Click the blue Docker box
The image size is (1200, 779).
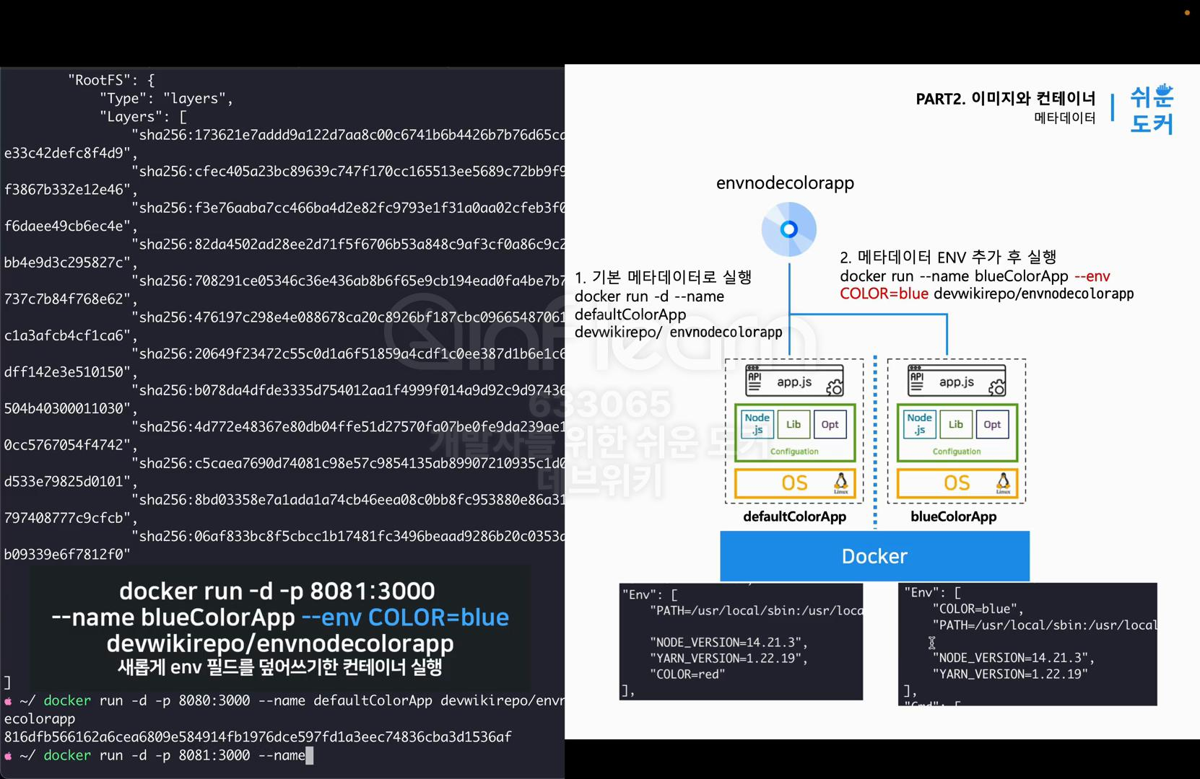click(874, 556)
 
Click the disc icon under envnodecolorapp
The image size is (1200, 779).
click(789, 229)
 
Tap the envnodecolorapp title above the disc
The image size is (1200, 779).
click(785, 183)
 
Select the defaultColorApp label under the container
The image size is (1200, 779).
click(794, 516)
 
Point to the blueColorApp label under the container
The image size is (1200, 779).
click(953, 516)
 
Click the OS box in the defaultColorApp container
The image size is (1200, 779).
click(794, 483)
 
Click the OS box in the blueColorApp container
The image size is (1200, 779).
click(957, 483)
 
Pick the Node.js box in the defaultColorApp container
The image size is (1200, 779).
click(757, 424)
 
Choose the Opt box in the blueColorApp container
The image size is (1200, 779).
click(992, 425)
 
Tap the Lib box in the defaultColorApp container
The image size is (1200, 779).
click(794, 425)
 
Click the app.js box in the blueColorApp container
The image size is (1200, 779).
click(957, 382)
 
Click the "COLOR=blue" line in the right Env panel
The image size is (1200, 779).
click(977, 609)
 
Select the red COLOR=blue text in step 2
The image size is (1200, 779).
click(884, 294)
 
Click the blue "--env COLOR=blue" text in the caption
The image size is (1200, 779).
click(405, 617)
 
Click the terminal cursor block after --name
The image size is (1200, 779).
click(310, 755)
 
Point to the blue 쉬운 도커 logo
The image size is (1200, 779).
click(1152, 110)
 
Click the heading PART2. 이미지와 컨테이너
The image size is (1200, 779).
click(1005, 99)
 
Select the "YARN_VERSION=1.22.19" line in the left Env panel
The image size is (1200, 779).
click(729, 658)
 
